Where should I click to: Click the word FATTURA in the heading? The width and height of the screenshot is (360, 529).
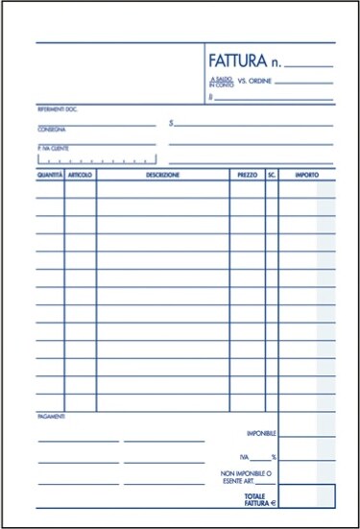[236, 61]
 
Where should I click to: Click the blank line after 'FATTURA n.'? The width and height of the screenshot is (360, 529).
[308, 65]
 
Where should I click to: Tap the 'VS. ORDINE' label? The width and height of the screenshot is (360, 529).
[253, 83]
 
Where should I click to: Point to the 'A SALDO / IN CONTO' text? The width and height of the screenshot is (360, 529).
[220, 84]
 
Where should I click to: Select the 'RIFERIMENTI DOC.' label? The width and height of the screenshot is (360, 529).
[58, 110]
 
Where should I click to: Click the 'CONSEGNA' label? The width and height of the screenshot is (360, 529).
[52, 129]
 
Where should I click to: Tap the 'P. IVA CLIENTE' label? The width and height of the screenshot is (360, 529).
[55, 147]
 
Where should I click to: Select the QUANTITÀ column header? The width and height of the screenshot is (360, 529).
[50, 176]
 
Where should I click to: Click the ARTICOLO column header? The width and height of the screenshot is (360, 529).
[81, 176]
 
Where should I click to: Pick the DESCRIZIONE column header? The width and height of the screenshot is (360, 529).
[162, 176]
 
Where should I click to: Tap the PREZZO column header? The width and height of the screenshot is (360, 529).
[247, 176]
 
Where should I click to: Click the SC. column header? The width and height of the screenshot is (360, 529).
[272, 176]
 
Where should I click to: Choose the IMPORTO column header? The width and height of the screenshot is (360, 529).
[307, 176]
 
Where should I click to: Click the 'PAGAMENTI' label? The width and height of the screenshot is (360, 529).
[52, 417]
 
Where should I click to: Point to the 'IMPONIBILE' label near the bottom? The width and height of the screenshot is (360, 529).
[261, 433]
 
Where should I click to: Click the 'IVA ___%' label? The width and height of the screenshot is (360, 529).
[258, 457]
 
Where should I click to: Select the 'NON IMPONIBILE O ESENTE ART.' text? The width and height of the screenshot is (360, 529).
[248, 477]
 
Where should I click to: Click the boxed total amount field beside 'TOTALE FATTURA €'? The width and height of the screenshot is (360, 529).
[307, 495]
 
